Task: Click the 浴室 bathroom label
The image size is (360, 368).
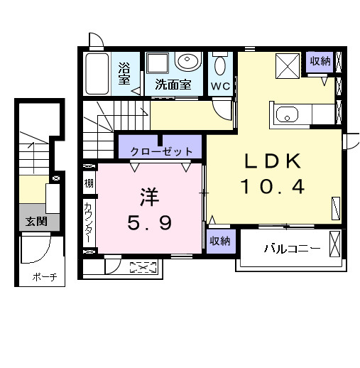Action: pos(124,73)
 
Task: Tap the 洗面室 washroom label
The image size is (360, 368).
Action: pos(173,84)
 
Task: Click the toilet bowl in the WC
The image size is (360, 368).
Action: pos(220,66)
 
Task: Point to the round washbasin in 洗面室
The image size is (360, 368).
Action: pos(187,63)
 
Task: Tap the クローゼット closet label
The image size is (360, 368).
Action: pos(162,151)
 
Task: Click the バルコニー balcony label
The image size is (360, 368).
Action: pos(292,249)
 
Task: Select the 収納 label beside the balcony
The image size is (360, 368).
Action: pos(220,241)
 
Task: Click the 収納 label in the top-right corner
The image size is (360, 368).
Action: pos(320,61)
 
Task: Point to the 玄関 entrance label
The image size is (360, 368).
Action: pos(37,222)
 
